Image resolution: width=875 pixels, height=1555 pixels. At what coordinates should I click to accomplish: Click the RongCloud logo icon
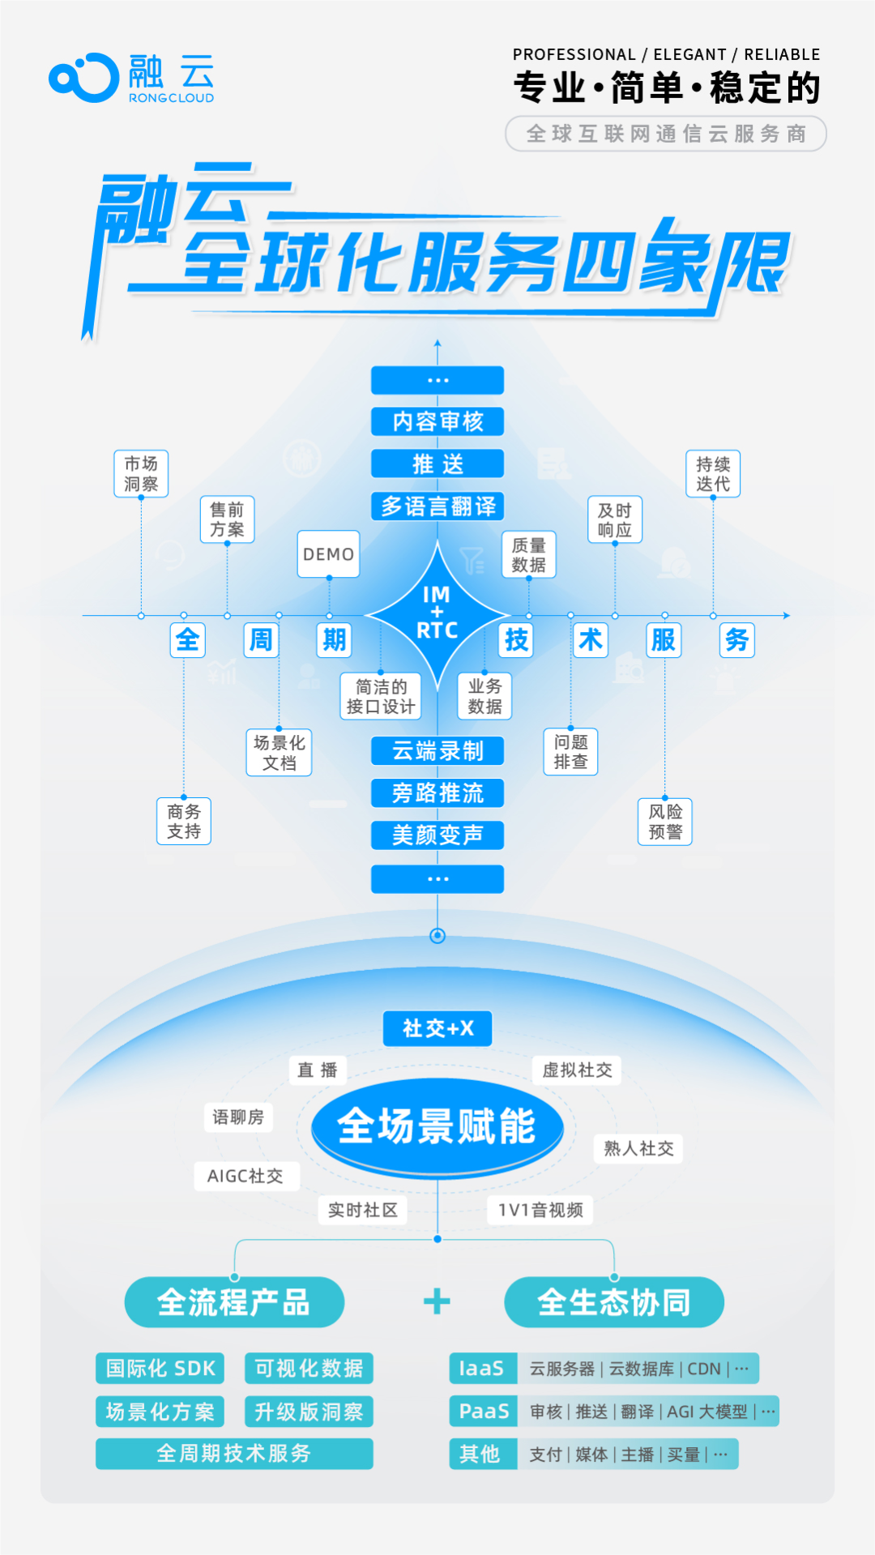coord(83,78)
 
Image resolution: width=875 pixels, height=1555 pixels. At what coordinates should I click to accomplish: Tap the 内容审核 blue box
coord(437,421)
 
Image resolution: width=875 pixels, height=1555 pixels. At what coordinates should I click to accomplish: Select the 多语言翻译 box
coord(437,506)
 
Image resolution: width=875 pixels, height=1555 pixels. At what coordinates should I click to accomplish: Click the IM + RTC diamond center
coord(437,613)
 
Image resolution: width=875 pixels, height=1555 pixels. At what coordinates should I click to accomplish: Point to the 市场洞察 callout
coord(141,473)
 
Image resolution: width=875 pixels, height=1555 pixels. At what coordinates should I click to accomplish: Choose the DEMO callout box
coord(328,554)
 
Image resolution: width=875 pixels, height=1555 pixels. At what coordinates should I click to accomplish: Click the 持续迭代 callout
coord(713,473)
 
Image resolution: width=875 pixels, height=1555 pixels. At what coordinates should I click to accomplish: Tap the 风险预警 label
coord(665,822)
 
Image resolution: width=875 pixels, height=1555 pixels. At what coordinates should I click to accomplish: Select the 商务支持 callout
coord(184,821)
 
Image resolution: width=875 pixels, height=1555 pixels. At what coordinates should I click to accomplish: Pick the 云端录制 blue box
coord(437,751)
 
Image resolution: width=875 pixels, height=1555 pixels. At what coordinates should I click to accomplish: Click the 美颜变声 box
coord(437,835)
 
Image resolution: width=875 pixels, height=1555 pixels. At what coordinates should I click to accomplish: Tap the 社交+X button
coord(437,1028)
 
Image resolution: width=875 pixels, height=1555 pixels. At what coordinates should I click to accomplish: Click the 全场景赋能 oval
coord(437,1126)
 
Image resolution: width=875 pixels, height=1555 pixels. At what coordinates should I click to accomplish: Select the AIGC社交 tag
coord(246,1176)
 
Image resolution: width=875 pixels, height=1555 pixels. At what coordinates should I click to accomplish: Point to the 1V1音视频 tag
coord(540,1210)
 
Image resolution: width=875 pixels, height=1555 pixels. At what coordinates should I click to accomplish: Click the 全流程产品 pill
coord(234,1302)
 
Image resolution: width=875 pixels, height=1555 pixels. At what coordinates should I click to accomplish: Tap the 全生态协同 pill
coord(614,1302)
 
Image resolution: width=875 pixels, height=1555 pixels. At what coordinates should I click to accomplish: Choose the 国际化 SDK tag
coord(160,1369)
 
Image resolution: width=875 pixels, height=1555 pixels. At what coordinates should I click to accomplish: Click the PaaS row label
coord(484,1412)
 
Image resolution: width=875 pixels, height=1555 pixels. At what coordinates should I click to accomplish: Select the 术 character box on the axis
coord(591,640)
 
